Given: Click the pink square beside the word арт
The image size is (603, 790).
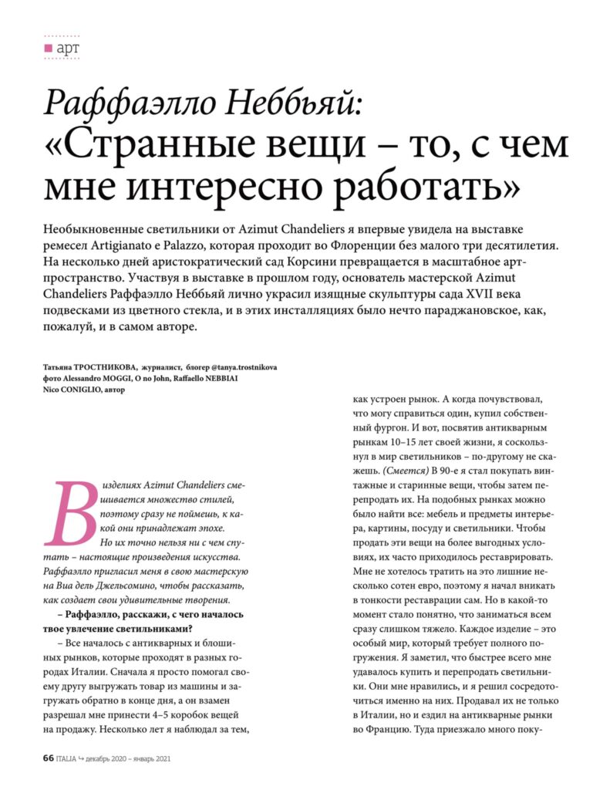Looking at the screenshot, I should (x=48, y=48).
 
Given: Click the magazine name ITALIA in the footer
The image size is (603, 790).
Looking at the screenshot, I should (x=69, y=758).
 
